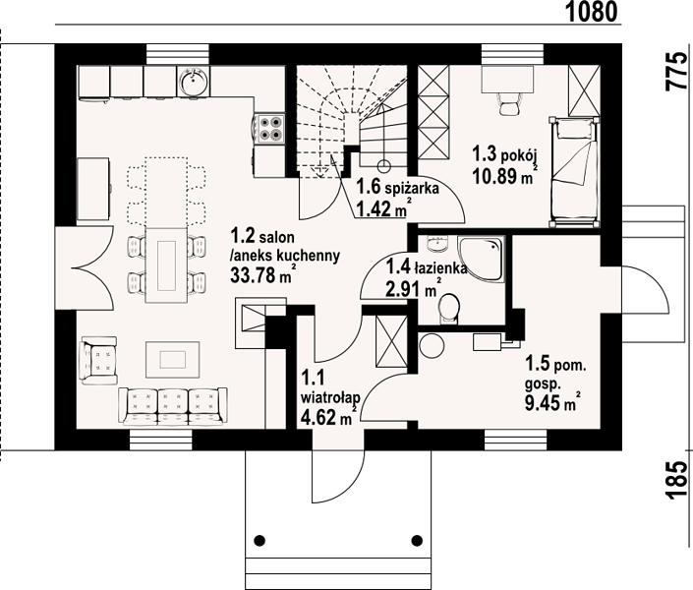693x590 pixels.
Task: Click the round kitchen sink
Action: pyautogui.click(x=193, y=81)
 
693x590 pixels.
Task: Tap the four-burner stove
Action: pyautogui.click(x=269, y=128)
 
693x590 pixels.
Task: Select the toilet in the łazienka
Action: pyautogui.click(x=449, y=308)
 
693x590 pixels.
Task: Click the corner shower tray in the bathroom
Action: pyautogui.click(x=481, y=259)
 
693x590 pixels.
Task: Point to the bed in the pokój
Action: pyautogui.click(x=575, y=172)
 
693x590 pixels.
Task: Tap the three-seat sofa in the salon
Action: pyautogui.click(x=173, y=406)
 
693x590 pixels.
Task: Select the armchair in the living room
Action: pyautogui.click(x=99, y=360)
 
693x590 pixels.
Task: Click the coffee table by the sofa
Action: pyautogui.click(x=172, y=359)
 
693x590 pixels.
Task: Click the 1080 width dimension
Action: pyautogui.click(x=592, y=12)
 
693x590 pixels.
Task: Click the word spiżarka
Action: pyautogui.click(x=412, y=189)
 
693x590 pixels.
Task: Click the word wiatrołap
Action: pyautogui.click(x=330, y=397)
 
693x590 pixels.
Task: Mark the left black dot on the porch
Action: pyautogui.click(x=260, y=540)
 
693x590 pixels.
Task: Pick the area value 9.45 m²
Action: pyautogui.click(x=552, y=402)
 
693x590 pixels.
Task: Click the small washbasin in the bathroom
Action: pyautogui.click(x=437, y=243)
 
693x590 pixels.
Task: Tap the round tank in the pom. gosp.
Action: pyautogui.click(x=432, y=345)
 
